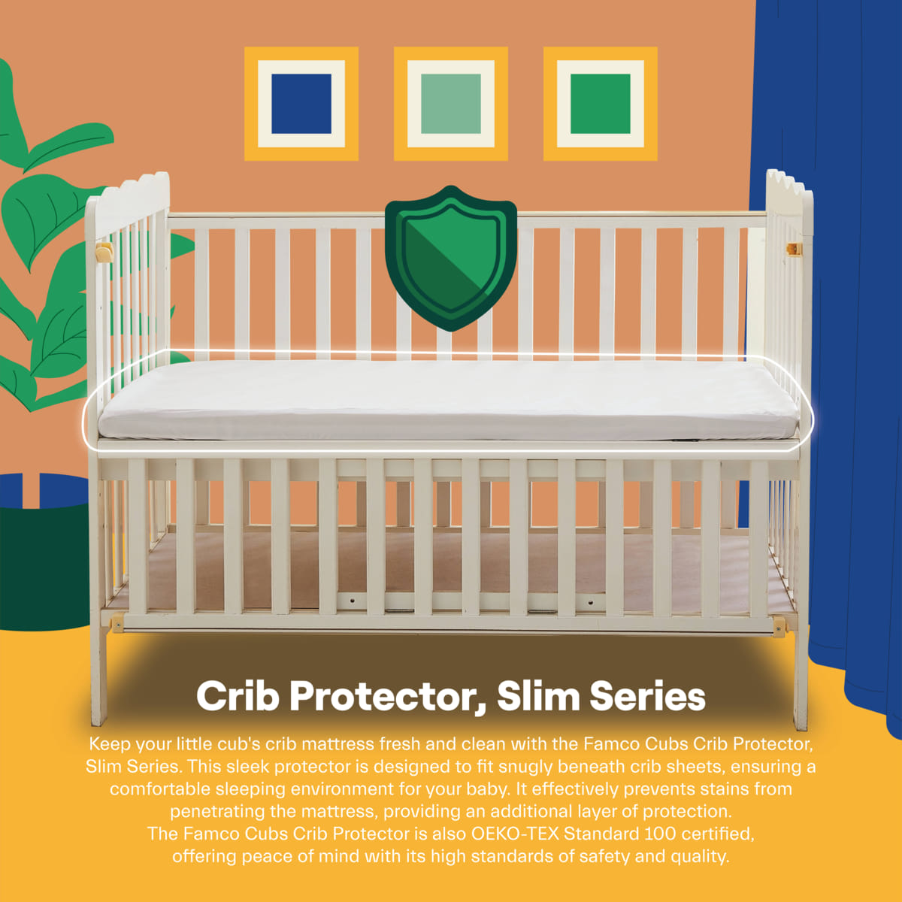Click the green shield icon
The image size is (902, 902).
[x=450, y=257]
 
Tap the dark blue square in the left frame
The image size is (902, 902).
[x=301, y=104]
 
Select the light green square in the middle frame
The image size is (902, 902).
[x=451, y=104]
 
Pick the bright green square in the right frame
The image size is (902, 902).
[x=600, y=104]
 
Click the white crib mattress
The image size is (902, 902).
[x=448, y=398]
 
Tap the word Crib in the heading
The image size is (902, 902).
[x=238, y=696]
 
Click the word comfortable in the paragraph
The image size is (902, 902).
[x=160, y=789]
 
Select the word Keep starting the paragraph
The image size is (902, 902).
[x=110, y=744]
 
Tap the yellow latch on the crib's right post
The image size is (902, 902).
[x=794, y=249]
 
